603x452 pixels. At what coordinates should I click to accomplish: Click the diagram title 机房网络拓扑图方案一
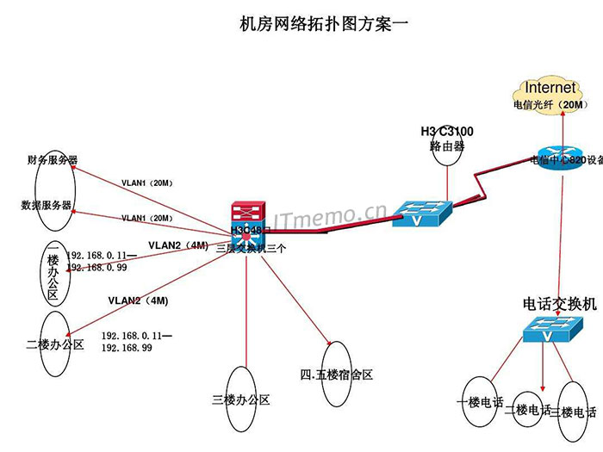click(x=323, y=25)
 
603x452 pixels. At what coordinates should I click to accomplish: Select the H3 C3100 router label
click(x=447, y=132)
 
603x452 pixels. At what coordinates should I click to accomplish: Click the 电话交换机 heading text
click(x=559, y=305)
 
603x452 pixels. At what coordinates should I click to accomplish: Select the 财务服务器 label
click(x=53, y=160)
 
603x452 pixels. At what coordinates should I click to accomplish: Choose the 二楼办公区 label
click(x=54, y=344)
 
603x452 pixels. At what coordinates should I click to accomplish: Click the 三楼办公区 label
click(x=241, y=399)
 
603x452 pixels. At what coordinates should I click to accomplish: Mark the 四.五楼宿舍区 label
click(x=336, y=375)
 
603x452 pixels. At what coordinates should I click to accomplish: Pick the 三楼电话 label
click(x=572, y=412)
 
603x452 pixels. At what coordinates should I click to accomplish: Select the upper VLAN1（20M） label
click(x=147, y=183)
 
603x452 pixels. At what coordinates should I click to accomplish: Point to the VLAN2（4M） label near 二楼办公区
click(x=138, y=300)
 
